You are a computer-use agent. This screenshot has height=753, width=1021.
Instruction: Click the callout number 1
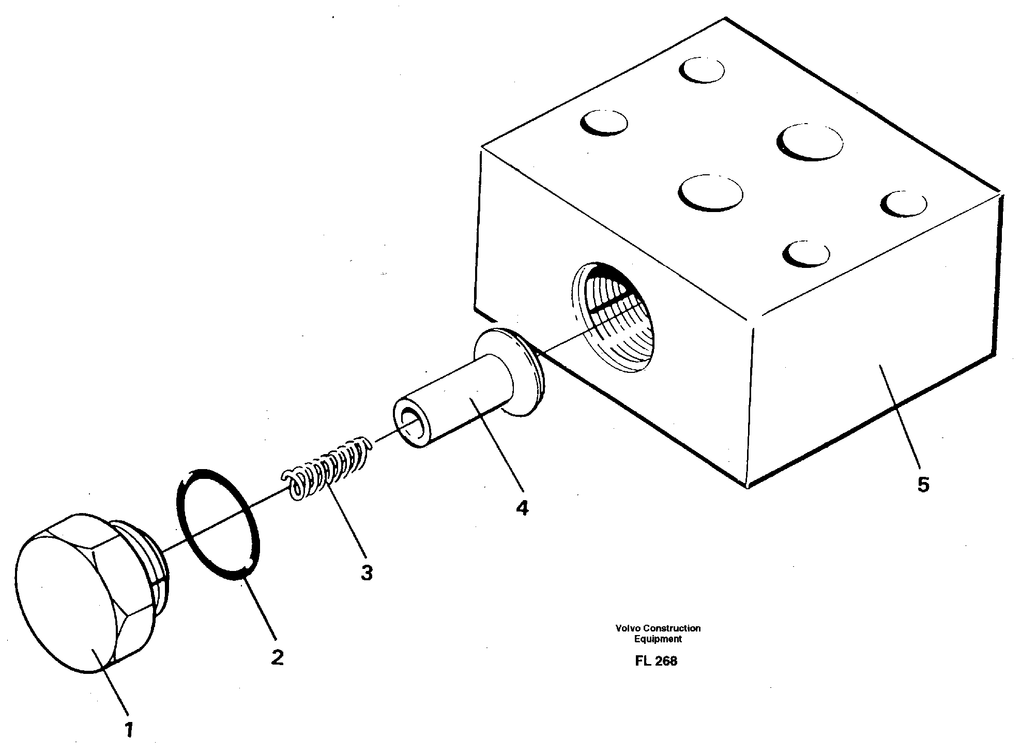[x=129, y=730]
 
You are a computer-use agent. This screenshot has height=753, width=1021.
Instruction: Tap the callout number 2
[x=277, y=657]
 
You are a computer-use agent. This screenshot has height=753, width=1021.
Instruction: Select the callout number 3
[x=367, y=573]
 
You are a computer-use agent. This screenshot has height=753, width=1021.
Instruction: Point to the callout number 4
[x=522, y=508]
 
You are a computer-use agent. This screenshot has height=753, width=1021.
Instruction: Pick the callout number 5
[x=923, y=485]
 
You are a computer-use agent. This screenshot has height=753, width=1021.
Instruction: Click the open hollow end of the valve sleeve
[x=411, y=419]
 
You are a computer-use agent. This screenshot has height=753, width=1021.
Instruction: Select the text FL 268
[x=656, y=661]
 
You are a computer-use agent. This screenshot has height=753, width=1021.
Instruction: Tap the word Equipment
[x=658, y=639]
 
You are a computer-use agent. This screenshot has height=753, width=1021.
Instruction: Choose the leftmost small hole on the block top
[x=603, y=123]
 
